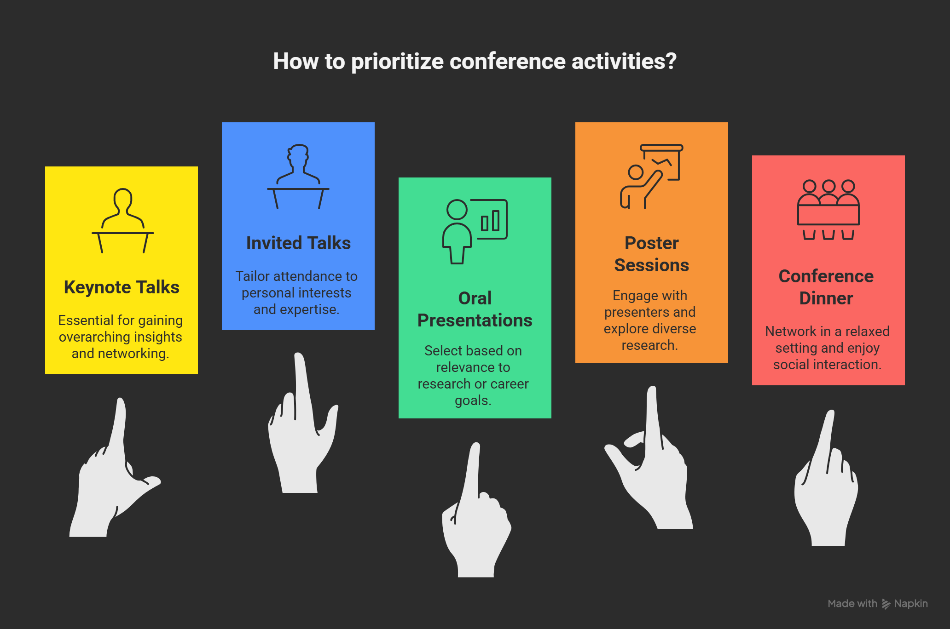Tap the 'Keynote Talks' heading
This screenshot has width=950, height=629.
(122, 287)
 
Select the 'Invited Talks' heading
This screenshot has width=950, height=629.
(298, 243)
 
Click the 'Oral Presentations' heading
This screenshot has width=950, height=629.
(475, 309)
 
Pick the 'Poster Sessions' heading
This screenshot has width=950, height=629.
(652, 254)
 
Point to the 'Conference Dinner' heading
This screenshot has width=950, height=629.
(826, 287)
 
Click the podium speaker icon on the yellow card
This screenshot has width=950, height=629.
(123, 220)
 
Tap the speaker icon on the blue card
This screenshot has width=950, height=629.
(298, 177)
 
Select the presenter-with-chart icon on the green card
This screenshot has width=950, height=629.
(475, 231)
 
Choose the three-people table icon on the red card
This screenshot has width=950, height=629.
(828, 209)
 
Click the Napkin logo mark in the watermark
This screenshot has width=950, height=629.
(886, 604)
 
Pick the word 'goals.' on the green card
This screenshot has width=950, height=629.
(473, 400)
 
